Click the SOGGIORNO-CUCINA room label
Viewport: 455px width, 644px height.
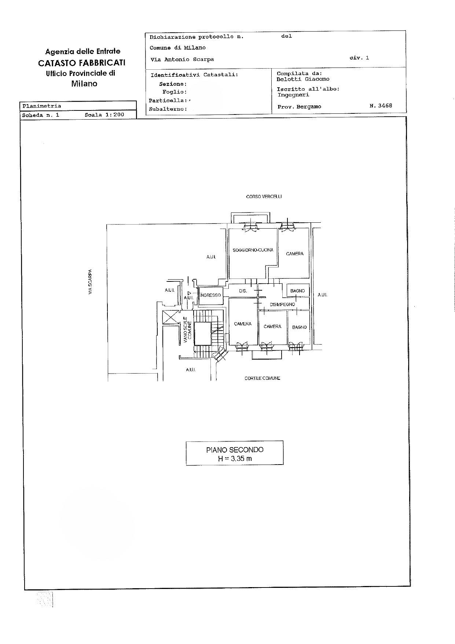pyautogui.click(x=253, y=250)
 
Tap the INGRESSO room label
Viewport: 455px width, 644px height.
pyautogui.click(x=211, y=295)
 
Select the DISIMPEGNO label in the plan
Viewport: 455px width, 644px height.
pyautogui.click(x=282, y=305)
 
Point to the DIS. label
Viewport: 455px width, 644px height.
pyautogui.click(x=243, y=291)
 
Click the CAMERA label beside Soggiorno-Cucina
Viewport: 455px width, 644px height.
pyautogui.click(x=295, y=254)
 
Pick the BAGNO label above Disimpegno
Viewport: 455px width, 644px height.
pyautogui.click(x=297, y=291)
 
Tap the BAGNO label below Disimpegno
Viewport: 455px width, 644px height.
pyautogui.click(x=300, y=327)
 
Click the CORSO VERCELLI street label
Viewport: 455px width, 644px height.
pyautogui.click(x=264, y=197)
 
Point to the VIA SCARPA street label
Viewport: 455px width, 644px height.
pyautogui.click(x=90, y=282)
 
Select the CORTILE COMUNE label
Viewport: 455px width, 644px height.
pyautogui.click(x=263, y=378)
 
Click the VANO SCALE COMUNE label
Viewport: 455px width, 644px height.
pyautogui.click(x=188, y=330)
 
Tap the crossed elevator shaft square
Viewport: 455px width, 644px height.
pyautogui.click(x=170, y=317)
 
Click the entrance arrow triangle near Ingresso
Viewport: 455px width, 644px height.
pyautogui.click(x=189, y=293)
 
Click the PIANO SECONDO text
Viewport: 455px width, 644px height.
pyautogui.click(x=235, y=450)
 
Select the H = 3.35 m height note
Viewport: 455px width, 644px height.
pyautogui.click(x=235, y=458)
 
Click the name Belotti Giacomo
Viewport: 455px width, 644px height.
pyautogui.click(x=303, y=79)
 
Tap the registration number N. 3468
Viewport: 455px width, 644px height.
pyautogui.click(x=381, y=106)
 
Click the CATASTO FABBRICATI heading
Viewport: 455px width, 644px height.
pyautogui.click(x=82, y=63)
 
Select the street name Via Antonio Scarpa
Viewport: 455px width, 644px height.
pyautogui.click(x=182, y=59)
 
